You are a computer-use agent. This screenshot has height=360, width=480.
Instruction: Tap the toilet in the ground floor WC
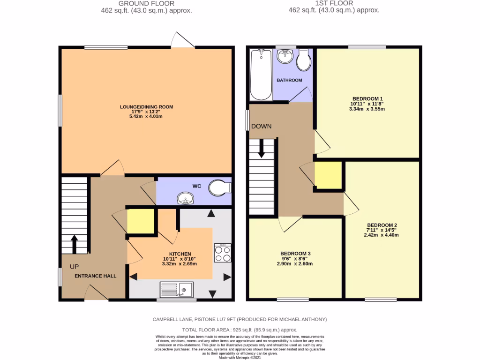(220, 187)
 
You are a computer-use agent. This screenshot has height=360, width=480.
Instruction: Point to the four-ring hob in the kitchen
(222, 254)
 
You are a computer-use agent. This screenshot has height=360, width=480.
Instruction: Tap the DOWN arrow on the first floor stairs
(261, 150)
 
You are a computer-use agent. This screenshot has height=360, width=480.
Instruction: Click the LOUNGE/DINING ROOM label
(146, 107)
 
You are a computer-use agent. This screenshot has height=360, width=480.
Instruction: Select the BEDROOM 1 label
(368, 98)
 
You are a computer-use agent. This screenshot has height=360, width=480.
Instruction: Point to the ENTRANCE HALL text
(95, 276)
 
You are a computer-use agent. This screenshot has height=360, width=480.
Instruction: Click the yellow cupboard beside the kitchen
(141, 221)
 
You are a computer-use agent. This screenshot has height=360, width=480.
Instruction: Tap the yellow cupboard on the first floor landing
(328, 175)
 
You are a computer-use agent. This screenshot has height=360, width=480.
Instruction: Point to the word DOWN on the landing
(261, 127)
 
